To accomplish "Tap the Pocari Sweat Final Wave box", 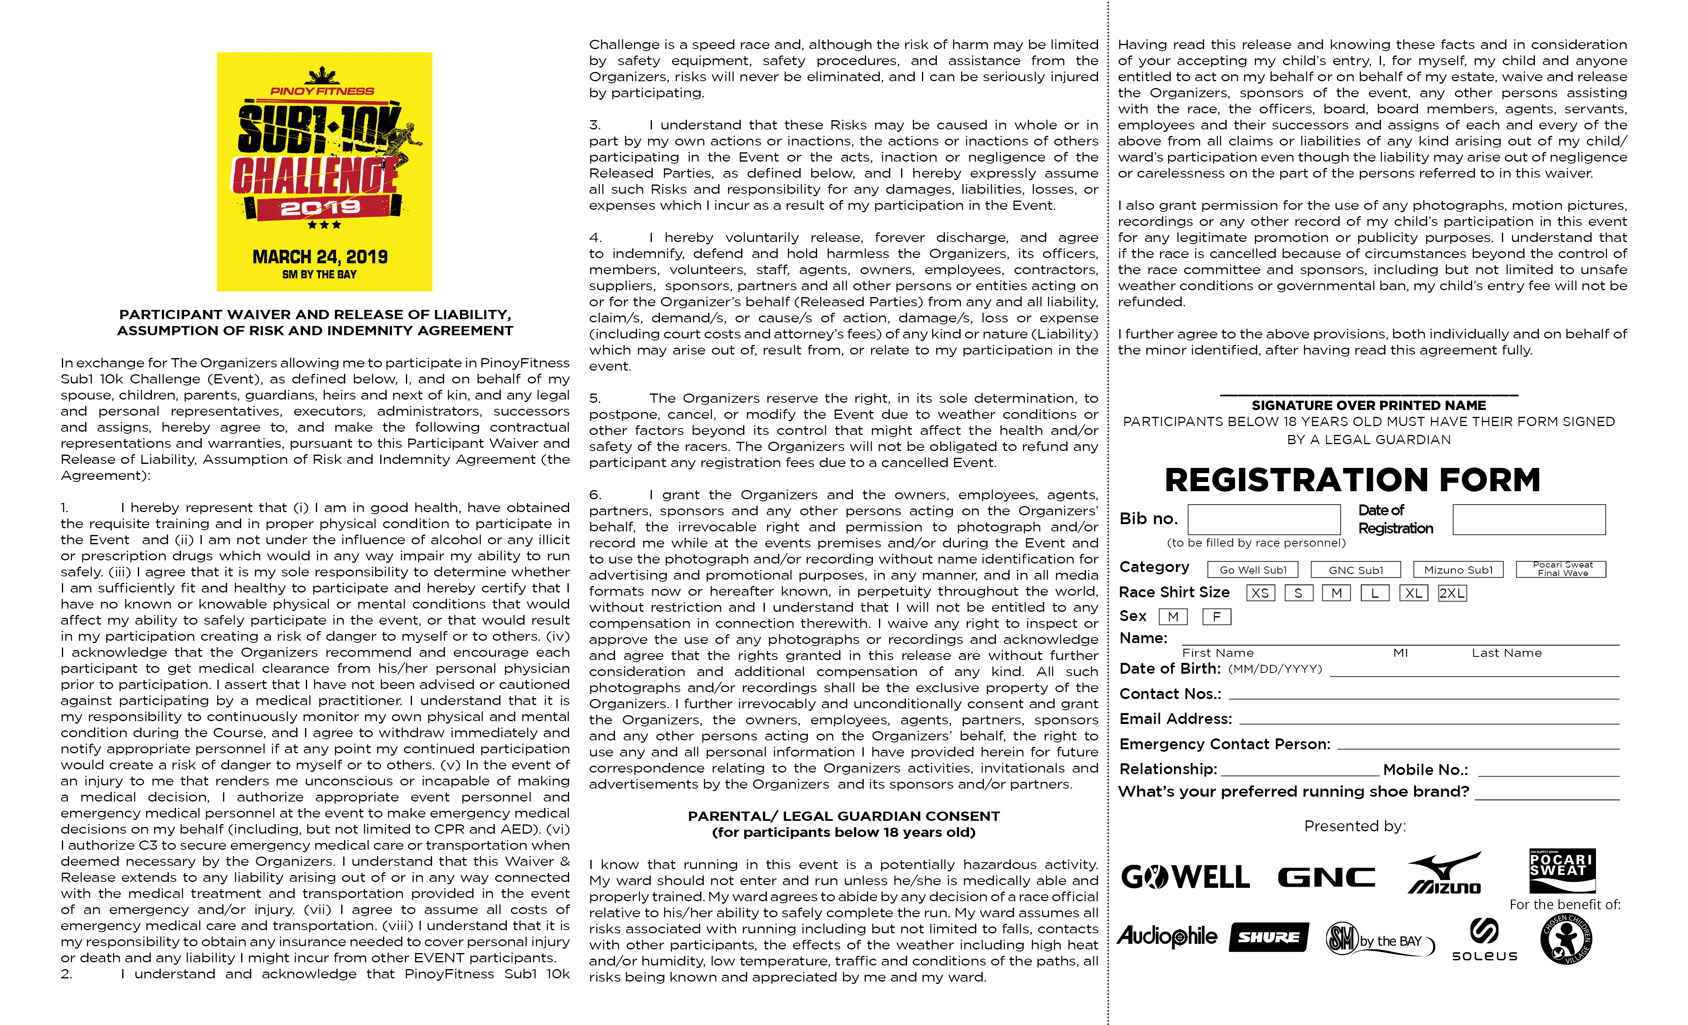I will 1562,569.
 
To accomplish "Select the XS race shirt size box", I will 1260,593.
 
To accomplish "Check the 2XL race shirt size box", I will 1452,593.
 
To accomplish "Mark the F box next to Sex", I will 1217,617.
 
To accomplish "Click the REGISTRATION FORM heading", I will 1352,480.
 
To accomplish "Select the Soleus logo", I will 1485,940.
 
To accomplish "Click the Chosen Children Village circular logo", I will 1566,939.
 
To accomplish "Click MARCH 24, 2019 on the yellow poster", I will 320,257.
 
